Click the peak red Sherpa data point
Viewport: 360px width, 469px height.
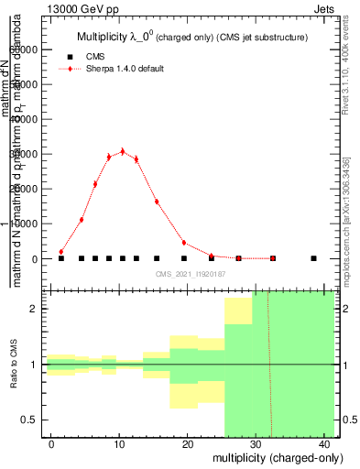coord(123,151)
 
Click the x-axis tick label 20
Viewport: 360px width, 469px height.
coord(188,443)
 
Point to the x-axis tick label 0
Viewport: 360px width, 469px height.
coord(52,443)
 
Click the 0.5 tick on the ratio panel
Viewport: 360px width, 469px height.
coord(35,420)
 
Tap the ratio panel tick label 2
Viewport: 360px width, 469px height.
coord(39,310)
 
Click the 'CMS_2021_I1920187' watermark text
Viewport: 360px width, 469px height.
coord(190,274)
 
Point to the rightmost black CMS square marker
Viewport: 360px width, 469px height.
coord(313,258)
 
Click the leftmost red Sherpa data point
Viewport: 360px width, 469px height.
coord(61,251)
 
